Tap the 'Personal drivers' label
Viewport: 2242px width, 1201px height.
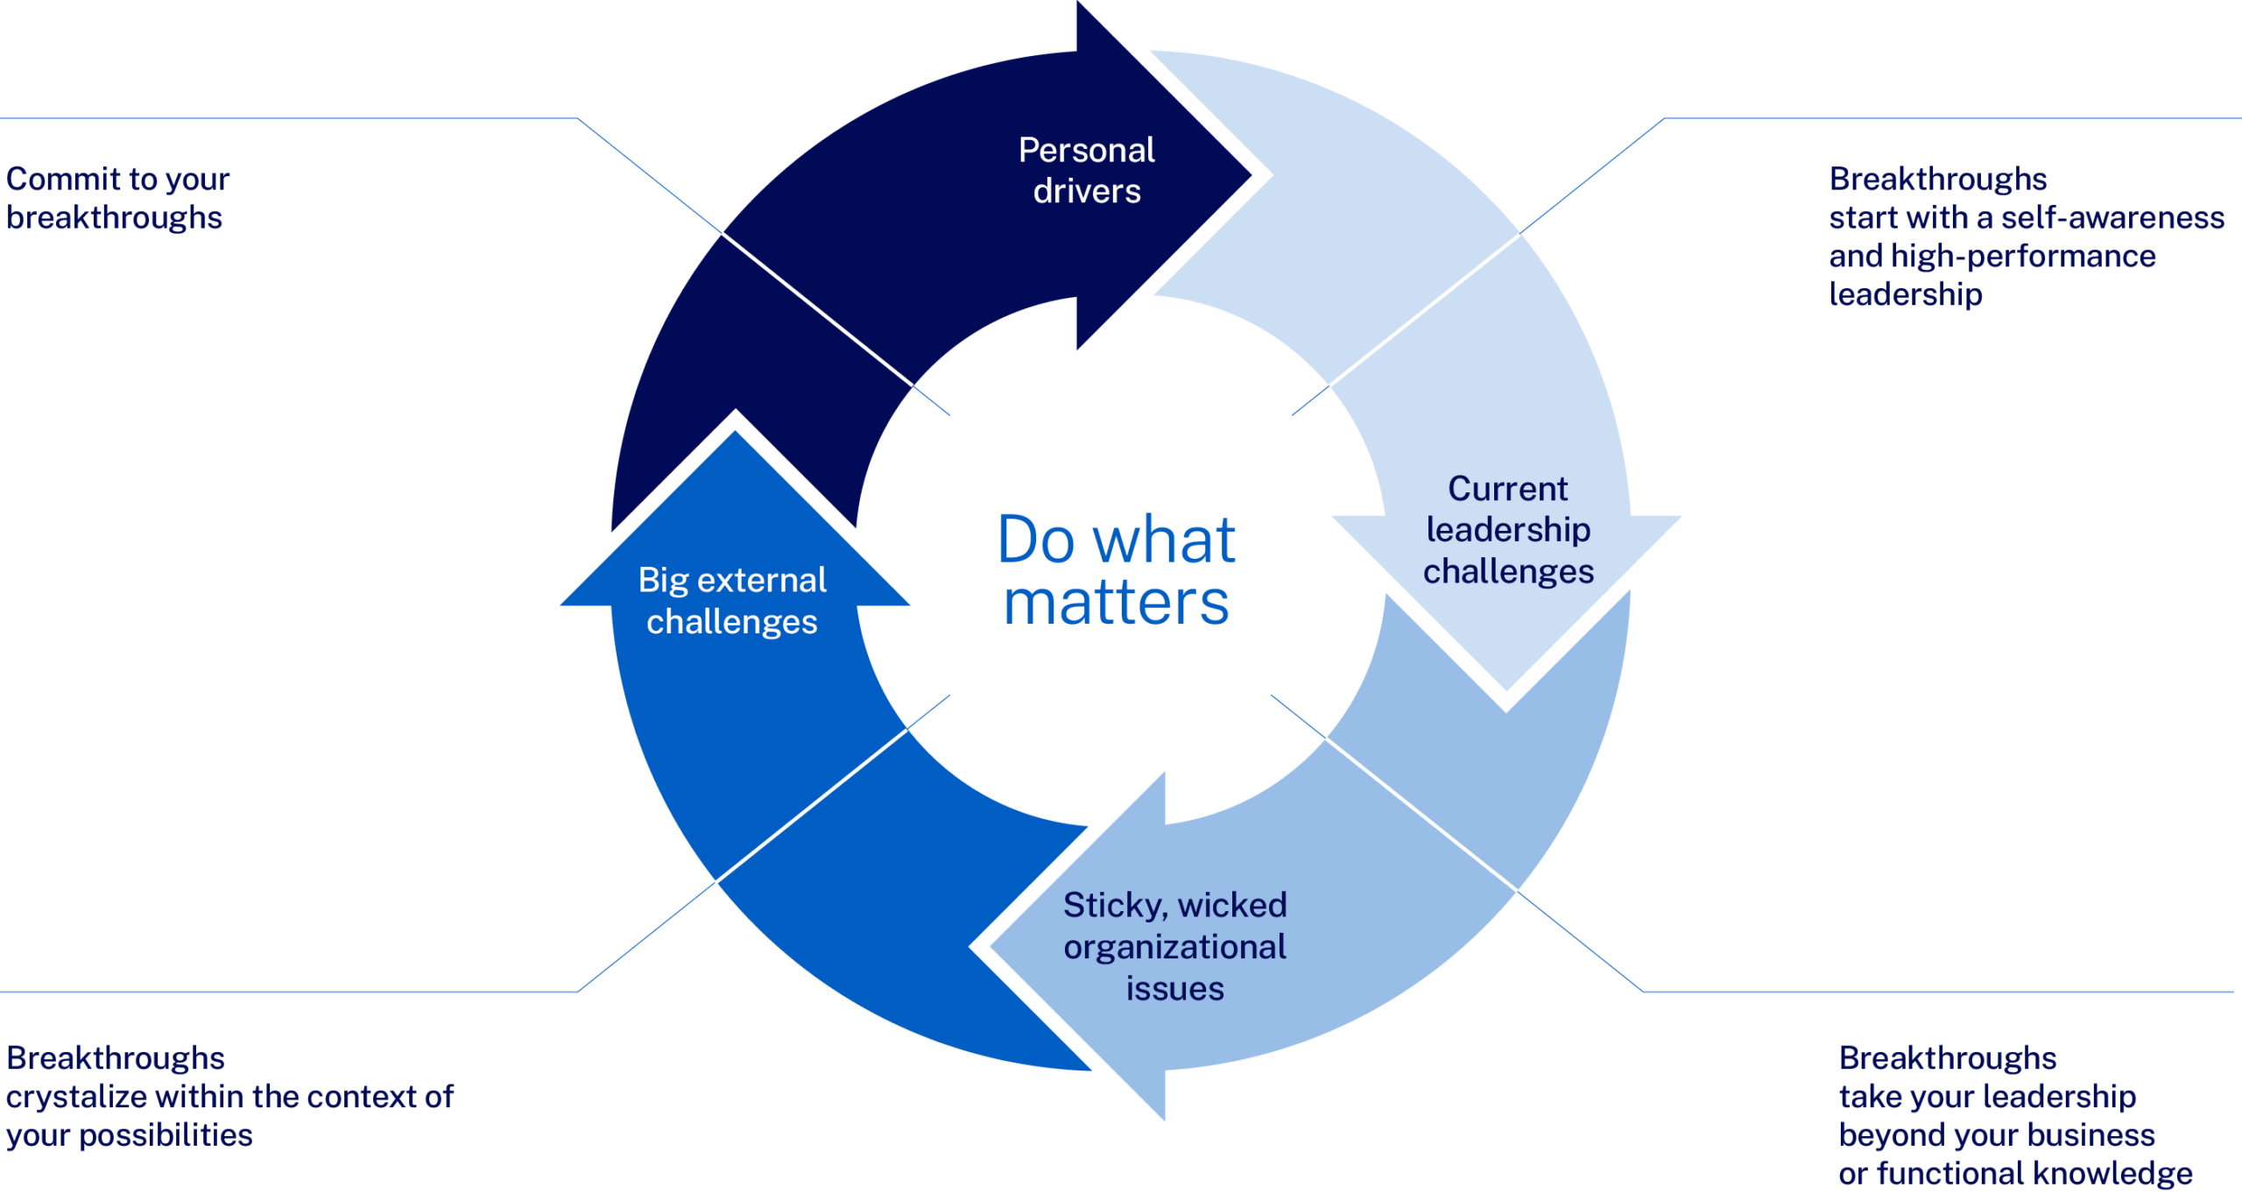(x=1086, y=171)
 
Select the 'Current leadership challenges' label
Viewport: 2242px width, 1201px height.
(x=1508, y=530)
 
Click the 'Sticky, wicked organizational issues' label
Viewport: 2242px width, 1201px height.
(x=1174, y=947)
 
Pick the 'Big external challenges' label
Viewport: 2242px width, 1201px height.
(x=732, y=601)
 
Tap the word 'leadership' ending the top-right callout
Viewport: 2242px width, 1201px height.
(x=1905, y=295)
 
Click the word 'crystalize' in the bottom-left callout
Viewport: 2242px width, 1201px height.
(x=76, y=1098)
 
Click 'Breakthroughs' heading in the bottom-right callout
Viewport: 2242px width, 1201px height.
(x=1947, y=1059)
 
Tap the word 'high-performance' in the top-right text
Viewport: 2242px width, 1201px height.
(x=2023, y=257)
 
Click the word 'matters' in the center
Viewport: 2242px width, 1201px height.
(x=1117, y=604)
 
